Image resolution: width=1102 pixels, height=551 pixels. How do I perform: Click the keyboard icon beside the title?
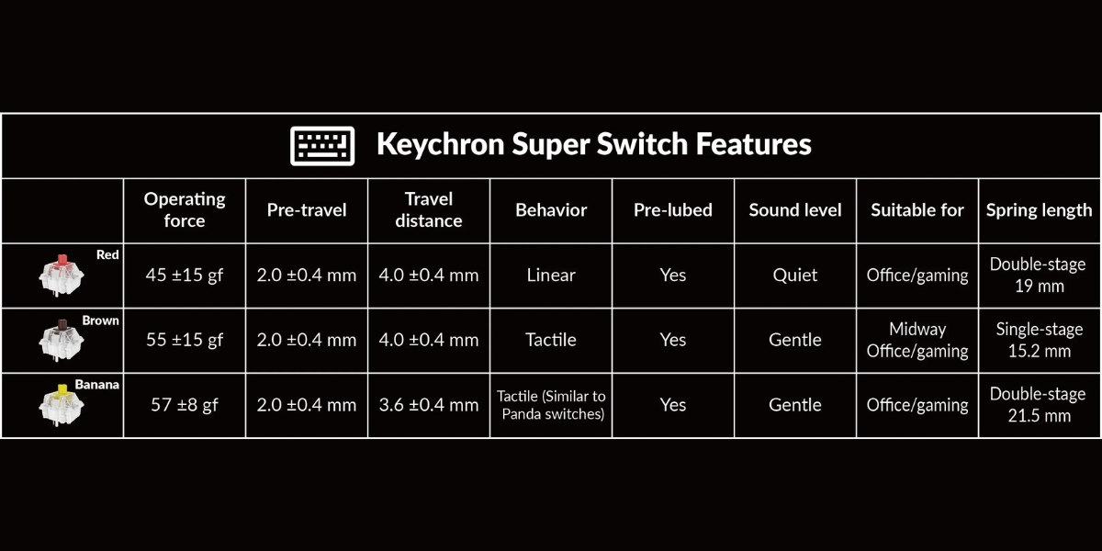322,146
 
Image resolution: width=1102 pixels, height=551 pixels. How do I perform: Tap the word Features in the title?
753,143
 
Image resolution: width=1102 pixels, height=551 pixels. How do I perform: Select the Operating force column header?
185,210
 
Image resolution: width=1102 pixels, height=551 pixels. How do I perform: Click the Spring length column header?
1039,210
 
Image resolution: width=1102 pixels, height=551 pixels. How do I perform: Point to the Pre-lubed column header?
673,210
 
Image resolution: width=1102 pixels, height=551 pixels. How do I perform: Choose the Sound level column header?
795,210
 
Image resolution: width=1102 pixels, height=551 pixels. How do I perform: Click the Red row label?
107,254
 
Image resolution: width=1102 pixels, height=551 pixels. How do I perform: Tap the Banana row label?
97,384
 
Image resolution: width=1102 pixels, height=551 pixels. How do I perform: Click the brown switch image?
61,340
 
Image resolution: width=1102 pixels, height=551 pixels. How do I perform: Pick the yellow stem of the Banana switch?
62,390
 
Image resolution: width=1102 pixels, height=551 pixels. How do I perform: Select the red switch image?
61,275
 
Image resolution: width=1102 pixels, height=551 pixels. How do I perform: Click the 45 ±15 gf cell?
185,275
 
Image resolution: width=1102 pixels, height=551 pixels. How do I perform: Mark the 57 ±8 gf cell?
185,405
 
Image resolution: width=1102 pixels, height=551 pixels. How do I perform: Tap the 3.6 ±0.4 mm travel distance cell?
429,405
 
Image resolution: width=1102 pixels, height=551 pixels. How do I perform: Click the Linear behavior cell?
551,275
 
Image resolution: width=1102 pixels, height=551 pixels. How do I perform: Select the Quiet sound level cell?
795,275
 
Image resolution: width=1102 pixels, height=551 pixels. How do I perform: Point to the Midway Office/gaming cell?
917,340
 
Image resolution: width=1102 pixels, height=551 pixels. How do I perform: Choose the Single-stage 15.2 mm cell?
1040,340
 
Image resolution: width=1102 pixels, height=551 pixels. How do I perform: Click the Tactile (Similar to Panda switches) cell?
551,405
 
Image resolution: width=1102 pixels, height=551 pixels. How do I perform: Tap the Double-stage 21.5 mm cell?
1039,405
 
